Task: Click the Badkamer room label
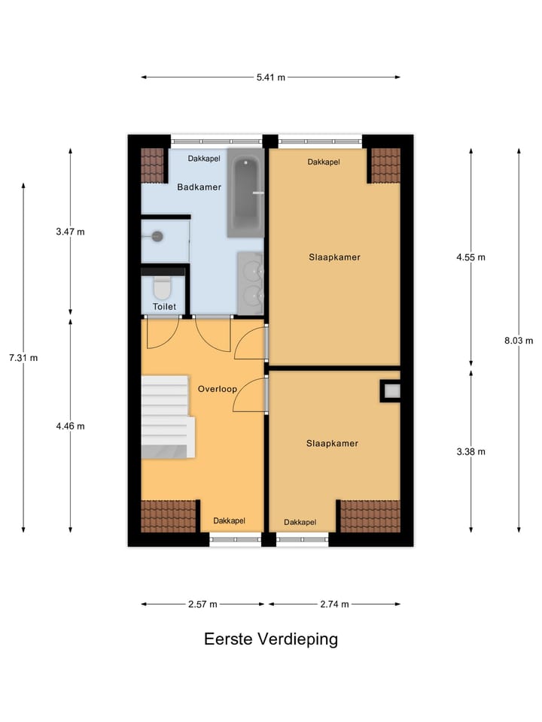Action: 199,187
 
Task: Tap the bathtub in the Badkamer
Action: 245,193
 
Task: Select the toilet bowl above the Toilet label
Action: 162,288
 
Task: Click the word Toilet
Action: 164,307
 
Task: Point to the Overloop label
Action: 218,390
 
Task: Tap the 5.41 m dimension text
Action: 270,77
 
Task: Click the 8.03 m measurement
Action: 519,340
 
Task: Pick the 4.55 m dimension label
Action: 471,256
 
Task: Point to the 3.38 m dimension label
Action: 471,452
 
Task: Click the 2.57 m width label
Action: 202,604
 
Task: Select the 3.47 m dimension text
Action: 70,232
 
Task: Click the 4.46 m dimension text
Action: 70,426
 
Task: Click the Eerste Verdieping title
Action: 270,639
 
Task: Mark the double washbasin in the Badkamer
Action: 250,282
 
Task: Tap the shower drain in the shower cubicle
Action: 157,235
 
